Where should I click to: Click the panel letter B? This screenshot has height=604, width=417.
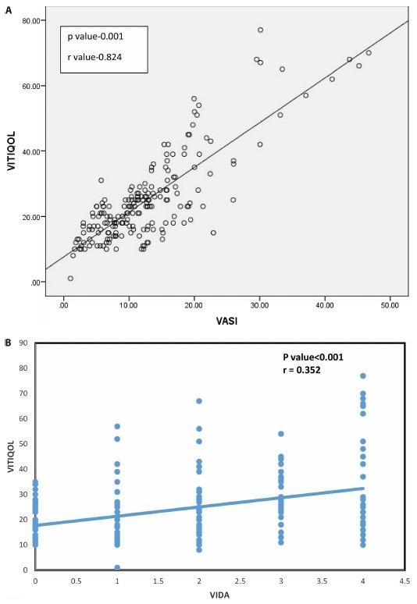tap(7, 342)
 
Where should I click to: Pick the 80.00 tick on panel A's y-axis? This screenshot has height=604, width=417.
tap(35, 20)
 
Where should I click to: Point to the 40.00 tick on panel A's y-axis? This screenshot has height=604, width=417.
tap(35, 151)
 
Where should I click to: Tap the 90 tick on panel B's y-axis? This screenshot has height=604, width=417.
tap(25, 343)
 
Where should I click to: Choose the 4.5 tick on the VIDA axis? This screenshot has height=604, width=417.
tap(403, 581)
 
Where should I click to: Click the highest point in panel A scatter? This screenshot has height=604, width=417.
tap(261, 30)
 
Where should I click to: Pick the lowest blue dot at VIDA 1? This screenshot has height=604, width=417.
tap(117, 567)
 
